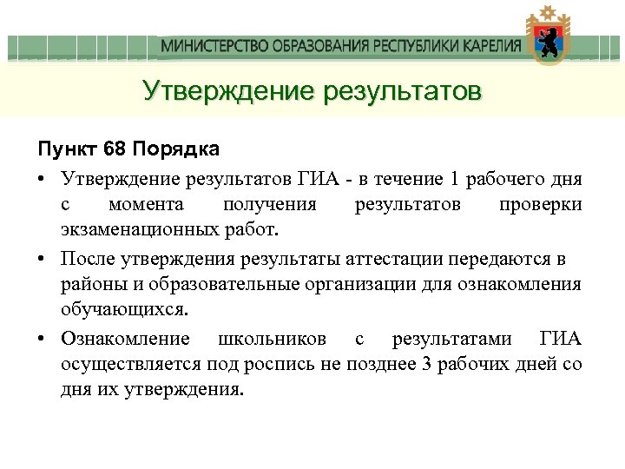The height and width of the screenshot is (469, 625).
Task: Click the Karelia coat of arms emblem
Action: [x=547, y=39]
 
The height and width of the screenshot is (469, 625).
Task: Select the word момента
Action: [x=147, y=205]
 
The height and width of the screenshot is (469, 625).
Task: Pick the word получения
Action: [x=269, y=205]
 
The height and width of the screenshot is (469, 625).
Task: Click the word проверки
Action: [x=541, y=205]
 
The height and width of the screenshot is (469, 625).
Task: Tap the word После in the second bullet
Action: [x=86, y=260]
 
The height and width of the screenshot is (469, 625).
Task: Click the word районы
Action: [x=90, y=285]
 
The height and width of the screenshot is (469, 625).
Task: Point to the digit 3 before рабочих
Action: [x=424, y=363]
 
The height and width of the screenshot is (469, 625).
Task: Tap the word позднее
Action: [x=379, y=363]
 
